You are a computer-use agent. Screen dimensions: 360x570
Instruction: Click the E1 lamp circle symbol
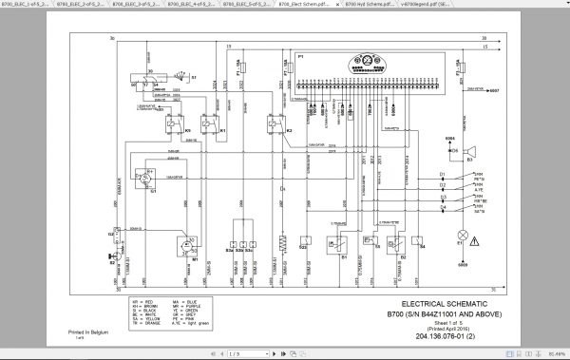[x=463, y=234]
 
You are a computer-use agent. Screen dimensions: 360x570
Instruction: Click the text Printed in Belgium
[x=87, y=332]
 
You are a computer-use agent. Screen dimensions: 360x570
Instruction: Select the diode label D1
[x=442, y=176]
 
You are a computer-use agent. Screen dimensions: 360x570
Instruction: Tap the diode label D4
[x=442, y=206]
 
